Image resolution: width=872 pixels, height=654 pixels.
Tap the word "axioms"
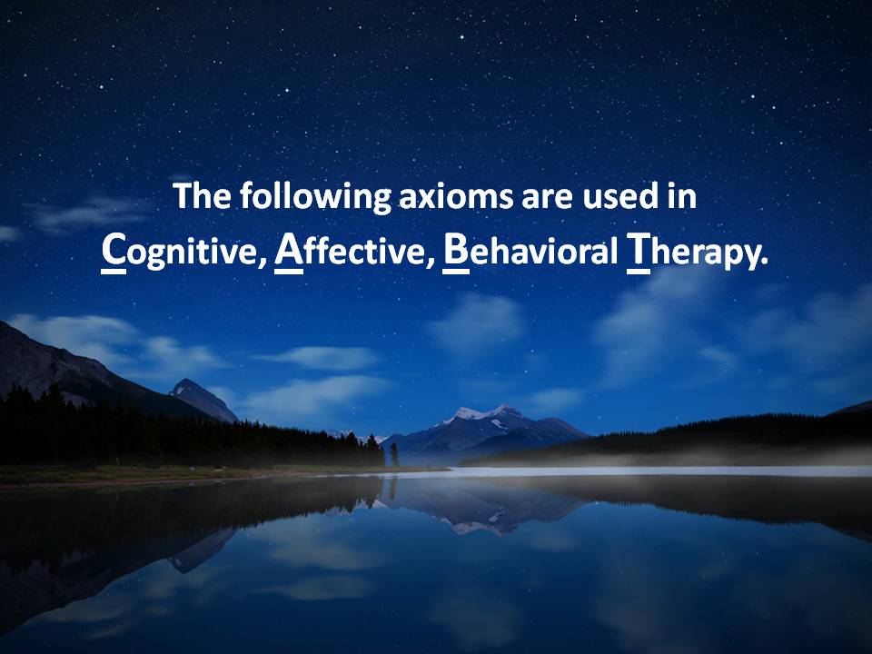[x=456, y=197]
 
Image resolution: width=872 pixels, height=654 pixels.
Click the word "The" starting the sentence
[x=202, y=195]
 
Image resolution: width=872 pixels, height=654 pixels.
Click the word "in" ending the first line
[x=682, y=196]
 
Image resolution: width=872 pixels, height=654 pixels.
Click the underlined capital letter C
[x=114, y=251]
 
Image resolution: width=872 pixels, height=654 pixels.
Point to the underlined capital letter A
[x=289, y=251]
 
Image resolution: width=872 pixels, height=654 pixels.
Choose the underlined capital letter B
[x=456, y=251]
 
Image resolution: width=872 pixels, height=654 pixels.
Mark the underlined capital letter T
[x=639, y=251]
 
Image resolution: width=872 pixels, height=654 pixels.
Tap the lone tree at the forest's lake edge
[x=394, y=454]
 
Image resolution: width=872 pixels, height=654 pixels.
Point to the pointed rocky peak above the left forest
[x=189, y=386]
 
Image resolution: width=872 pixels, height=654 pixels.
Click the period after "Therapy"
[x=764, y=263]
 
